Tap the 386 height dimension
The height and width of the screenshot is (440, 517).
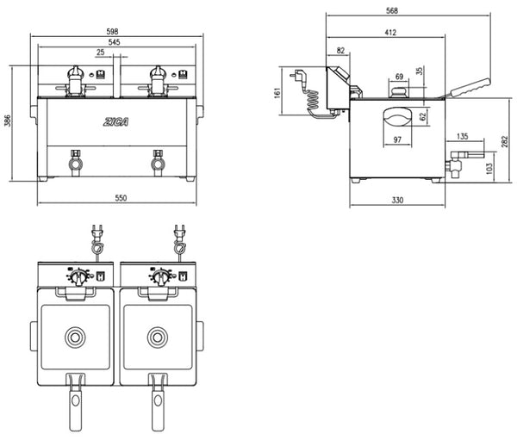pos(8,121)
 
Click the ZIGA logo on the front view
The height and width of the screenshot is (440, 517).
pos(115,121)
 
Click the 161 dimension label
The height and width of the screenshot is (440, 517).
pos(277,92)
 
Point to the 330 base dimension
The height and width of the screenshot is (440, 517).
pos(397,200)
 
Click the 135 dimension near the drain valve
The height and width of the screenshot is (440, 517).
pos(463,136)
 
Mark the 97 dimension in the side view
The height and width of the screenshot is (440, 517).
pos(397,139)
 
